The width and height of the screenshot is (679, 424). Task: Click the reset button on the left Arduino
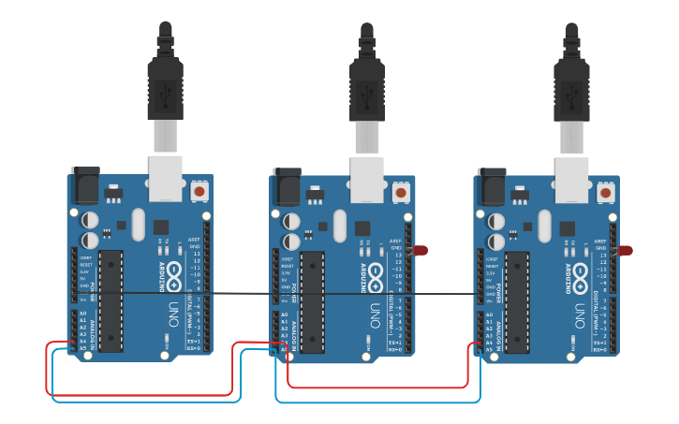[199, 192]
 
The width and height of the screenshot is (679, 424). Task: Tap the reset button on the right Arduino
[606, 192]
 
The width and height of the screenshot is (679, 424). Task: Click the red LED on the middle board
[421, 251]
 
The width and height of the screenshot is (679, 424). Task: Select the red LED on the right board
[625, 251]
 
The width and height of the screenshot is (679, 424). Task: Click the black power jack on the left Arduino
[85, 185]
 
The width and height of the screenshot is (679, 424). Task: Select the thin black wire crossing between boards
[244, 293]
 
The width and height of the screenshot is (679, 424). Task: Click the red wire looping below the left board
[140, 394]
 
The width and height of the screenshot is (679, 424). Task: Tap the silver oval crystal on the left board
[139, 225]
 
